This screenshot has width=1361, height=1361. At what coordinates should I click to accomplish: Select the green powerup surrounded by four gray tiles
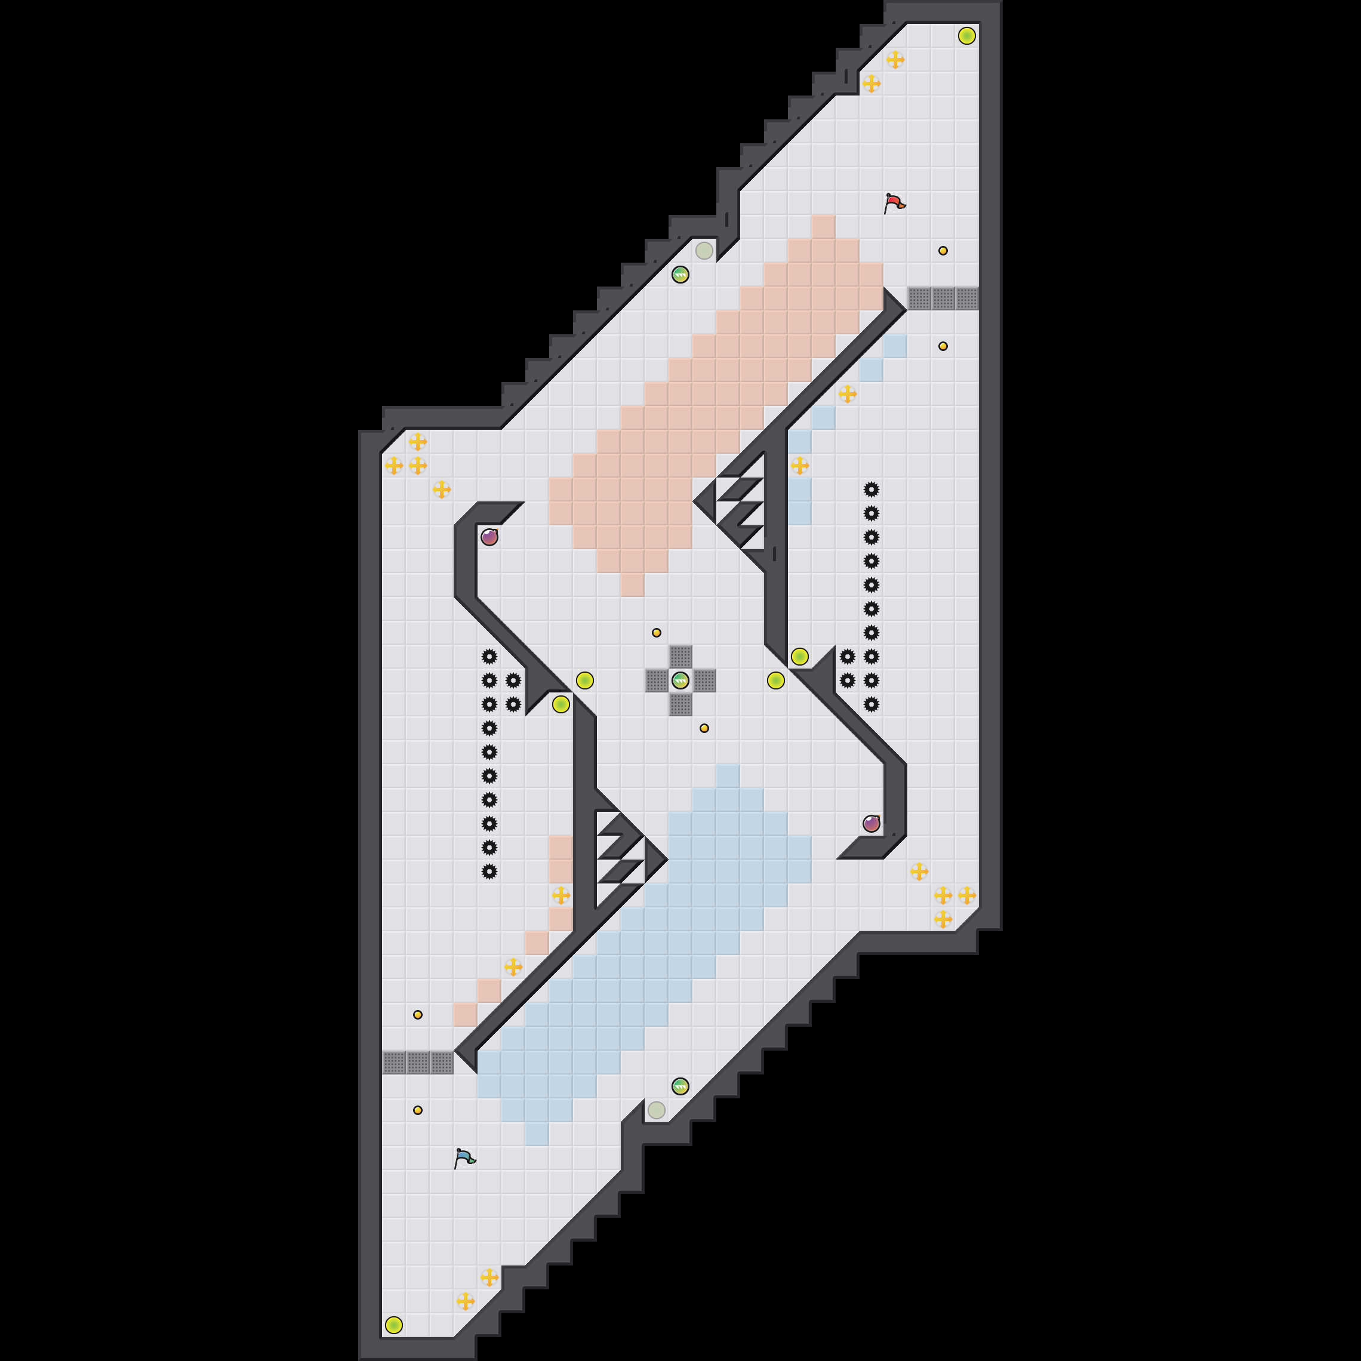680,680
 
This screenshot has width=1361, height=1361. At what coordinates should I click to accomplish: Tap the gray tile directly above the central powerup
680,657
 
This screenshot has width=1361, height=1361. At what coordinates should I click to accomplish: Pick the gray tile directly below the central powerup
680,704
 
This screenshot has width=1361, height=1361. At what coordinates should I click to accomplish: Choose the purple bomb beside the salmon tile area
489,537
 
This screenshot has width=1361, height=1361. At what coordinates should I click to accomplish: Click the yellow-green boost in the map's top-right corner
966,36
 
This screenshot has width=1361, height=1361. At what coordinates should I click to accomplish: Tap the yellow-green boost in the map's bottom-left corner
394,1325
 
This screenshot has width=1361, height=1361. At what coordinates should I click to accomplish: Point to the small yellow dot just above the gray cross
657,633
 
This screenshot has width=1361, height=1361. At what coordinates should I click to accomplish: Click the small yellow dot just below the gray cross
704,728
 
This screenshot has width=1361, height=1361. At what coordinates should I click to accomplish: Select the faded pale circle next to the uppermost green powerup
704,250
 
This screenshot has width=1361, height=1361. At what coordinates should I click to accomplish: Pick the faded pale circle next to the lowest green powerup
657,1110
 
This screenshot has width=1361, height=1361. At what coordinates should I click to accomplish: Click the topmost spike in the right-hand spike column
872,489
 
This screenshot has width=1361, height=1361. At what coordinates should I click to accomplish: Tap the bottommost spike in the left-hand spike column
489,872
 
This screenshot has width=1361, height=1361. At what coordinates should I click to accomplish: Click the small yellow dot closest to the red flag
943,250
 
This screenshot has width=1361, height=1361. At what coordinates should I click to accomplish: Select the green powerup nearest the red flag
680,274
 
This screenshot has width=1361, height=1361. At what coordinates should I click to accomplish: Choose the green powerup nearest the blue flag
680,1086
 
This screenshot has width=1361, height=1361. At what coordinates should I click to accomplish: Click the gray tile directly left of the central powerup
656,680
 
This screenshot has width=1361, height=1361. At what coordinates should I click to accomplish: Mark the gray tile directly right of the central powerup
704,680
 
